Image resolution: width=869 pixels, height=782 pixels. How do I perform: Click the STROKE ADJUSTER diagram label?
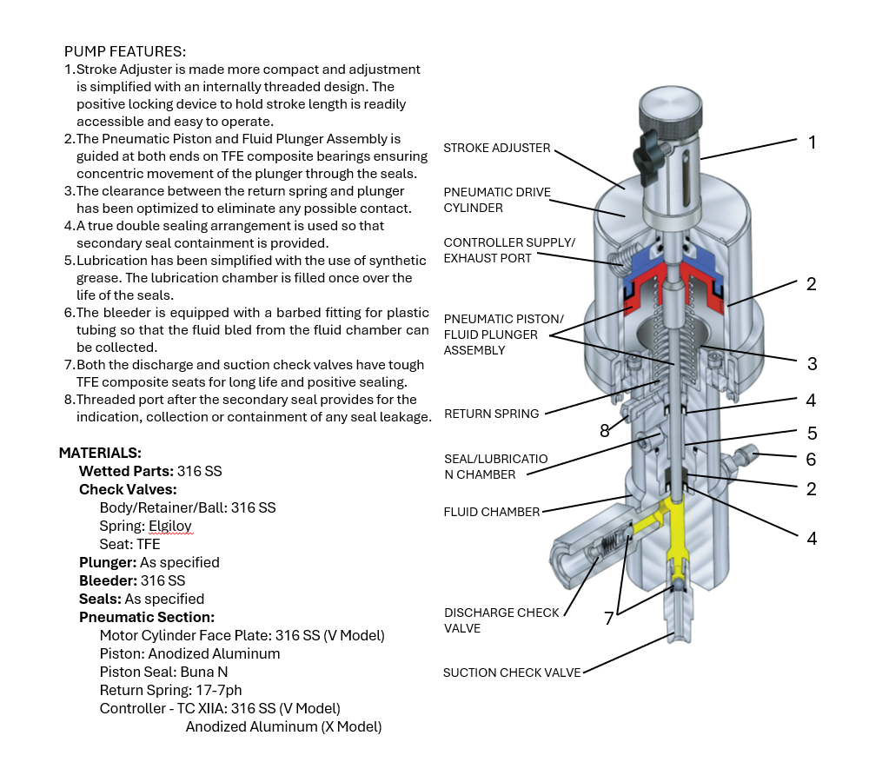(x=497, y=148)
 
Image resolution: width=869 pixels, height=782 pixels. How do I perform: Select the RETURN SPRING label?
(x=491, y=414)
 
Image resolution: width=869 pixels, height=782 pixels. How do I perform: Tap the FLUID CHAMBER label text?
(x=491, y=512)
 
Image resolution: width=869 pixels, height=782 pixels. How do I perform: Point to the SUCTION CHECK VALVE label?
(x=511, y=673)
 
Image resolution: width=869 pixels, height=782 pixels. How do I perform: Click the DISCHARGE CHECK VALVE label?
(x=501, y=620)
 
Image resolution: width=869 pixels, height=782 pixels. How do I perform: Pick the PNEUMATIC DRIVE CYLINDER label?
(x=497, y=200)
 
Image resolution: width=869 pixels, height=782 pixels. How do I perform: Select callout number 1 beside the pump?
(x=812, y=142)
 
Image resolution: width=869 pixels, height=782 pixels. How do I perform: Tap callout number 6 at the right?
(x=811, y=459)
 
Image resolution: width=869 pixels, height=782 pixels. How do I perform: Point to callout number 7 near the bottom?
(x=609, y=619)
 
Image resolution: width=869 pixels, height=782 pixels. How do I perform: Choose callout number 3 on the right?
(x=811, y=363)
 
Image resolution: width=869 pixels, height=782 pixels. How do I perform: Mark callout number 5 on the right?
(x=811, y=433)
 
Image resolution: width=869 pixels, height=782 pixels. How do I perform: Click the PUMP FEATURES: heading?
(x=125, y=51)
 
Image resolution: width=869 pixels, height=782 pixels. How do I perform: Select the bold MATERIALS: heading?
(x=100, y=453)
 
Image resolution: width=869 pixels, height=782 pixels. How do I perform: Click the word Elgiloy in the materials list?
(x=170, y=526)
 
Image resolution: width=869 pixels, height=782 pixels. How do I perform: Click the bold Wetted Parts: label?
(x=126, y=471)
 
